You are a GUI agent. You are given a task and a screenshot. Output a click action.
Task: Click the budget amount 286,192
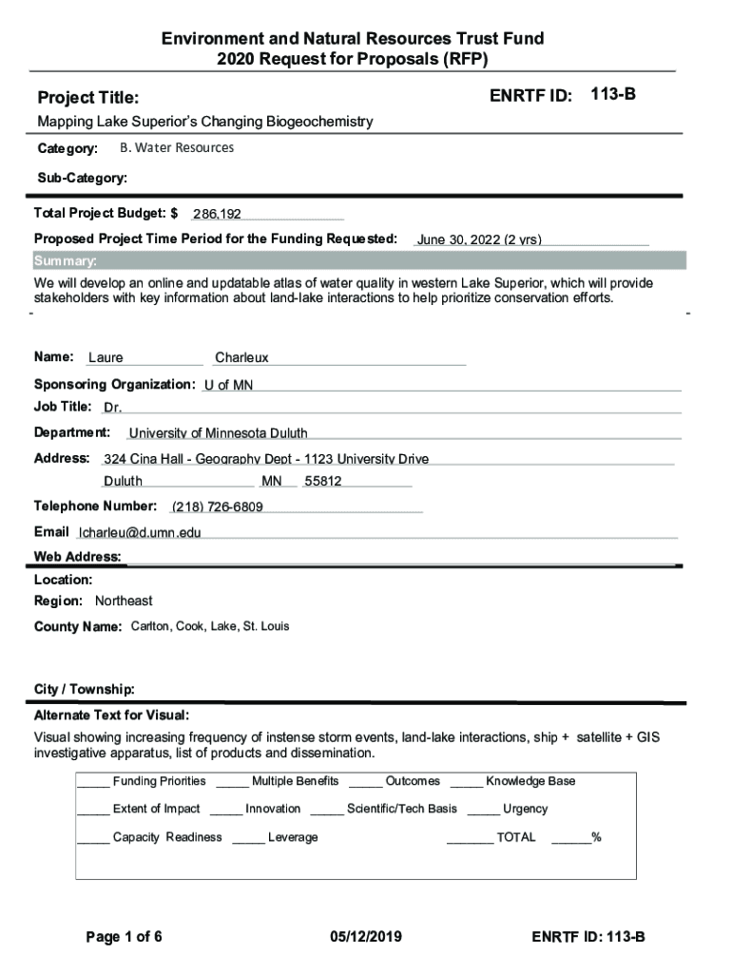[217, 215]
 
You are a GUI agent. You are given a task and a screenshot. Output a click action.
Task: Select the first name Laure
[106, 358]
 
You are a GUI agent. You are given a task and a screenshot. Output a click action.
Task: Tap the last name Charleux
[241, 358]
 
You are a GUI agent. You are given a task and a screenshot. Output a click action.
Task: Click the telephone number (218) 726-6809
[218, 506]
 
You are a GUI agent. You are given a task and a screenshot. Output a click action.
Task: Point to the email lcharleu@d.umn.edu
[140, 533]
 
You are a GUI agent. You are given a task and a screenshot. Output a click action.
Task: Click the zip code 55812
[322, 482]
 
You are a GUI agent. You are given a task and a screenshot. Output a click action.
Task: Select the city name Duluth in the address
[124, 482]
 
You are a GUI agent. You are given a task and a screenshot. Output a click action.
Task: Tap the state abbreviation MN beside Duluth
[272, 482]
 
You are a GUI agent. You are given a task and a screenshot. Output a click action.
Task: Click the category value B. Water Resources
[177, 148]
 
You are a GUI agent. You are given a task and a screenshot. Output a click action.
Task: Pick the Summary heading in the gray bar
[65, 261]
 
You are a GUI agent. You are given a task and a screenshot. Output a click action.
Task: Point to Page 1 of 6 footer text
[124, 937]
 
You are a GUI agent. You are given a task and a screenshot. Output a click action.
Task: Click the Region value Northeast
[124, 601]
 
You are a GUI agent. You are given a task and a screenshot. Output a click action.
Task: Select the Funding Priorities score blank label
[159, 781]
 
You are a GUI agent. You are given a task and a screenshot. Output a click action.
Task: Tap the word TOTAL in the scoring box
[515, 837]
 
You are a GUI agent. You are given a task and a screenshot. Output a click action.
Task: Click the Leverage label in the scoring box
[293, 837]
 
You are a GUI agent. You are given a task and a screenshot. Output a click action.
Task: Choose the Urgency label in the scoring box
[525, 809]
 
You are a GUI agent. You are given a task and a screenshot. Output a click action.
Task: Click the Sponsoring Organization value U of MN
[228, 385]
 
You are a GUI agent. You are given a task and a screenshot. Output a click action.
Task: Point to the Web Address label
[77, 557]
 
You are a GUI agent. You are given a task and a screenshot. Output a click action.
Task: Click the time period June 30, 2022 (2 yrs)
[479, 240]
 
